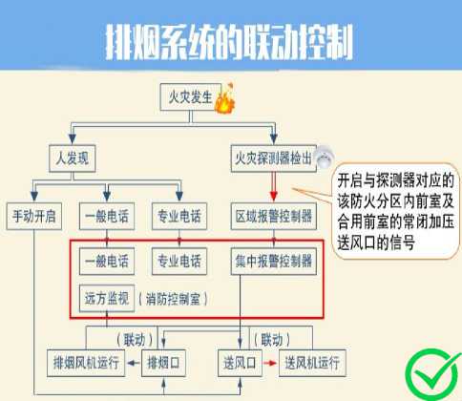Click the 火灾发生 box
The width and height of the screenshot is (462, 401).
[191, 97]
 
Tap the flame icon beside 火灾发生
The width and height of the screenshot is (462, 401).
[225, 98]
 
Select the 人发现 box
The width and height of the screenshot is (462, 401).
[73, 158]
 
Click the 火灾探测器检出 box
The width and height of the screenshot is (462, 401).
[274, 158]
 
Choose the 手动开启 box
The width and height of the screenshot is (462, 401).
[34, 216]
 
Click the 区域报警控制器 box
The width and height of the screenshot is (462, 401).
[274, 216]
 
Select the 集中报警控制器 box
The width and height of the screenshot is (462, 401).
[274, 262]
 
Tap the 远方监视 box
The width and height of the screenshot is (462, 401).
[107, 298]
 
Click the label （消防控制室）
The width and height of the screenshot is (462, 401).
[173, 299]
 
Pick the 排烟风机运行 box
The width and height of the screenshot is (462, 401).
[86, 363]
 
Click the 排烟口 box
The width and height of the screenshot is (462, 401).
[163, 363]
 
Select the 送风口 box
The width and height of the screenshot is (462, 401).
[240, 363]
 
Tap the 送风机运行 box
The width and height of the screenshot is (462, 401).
[312, 363]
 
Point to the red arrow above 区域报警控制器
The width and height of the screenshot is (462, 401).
[274, 186]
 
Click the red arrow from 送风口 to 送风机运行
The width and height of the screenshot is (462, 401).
[270, 363]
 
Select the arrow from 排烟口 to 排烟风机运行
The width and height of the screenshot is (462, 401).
[134, 363]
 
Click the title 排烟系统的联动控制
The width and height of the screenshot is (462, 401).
[229, 42]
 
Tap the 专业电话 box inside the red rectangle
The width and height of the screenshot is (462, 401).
[179, 262]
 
